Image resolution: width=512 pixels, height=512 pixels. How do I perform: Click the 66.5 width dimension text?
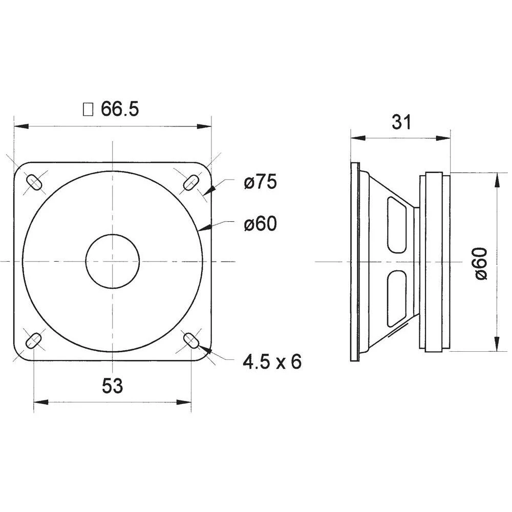(119, 109)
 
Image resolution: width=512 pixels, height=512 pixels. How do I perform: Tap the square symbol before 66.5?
(88, 109)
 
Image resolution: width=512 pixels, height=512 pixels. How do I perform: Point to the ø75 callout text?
(260, 182)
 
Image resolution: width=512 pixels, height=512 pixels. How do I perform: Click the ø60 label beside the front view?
(260, 224)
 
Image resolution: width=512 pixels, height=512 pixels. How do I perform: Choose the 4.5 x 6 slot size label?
(272, 362)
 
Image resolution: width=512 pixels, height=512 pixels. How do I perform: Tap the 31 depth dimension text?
(401, 122)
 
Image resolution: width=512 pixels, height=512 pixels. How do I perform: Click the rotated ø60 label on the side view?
(481, 263)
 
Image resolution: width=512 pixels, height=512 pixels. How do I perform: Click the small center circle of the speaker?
(112, 261)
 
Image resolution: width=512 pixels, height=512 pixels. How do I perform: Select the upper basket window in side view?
(396, 225)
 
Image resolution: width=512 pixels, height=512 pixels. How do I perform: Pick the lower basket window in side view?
(396, 298)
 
